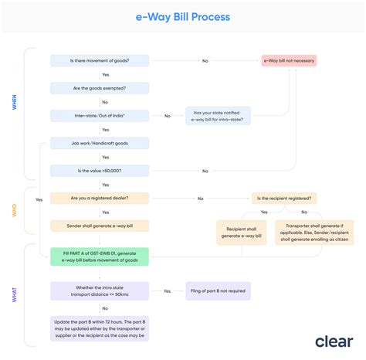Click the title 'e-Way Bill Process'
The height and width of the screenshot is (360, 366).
182,16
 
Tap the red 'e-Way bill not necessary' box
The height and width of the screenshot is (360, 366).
288,60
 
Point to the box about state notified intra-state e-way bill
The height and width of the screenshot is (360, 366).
218,116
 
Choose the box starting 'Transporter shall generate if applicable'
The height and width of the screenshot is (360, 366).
314,233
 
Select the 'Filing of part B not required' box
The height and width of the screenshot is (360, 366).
218,291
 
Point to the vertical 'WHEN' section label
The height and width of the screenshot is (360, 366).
14,102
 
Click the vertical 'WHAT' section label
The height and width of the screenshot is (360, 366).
14,294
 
